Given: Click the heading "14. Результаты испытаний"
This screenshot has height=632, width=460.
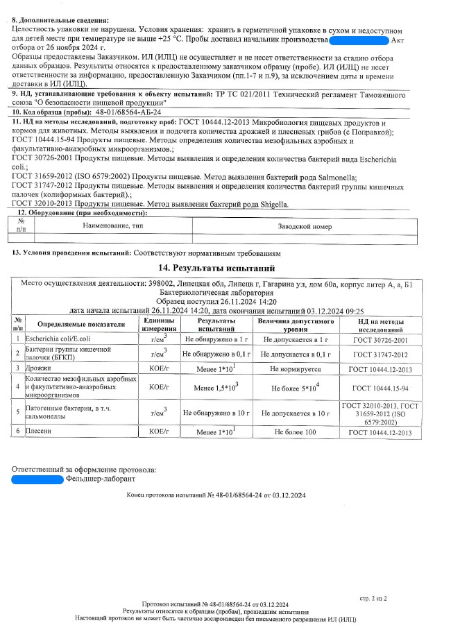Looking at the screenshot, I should (217, 268).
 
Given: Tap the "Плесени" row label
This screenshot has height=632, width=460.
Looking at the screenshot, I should (39, 432).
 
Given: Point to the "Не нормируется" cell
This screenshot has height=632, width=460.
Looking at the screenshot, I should (294, 368).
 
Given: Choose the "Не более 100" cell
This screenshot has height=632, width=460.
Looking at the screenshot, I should (295, 432).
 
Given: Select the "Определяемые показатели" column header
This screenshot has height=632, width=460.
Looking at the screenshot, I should (81, 325).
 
